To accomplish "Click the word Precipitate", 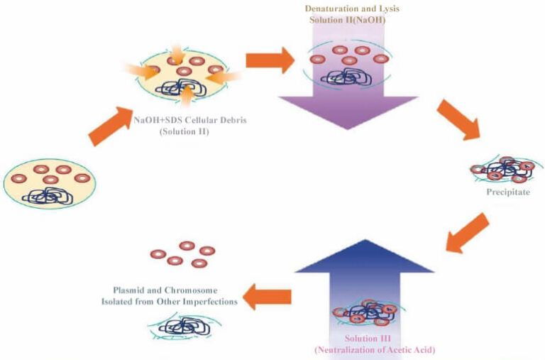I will (502, 192).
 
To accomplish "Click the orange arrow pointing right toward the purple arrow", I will (269, 60).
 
